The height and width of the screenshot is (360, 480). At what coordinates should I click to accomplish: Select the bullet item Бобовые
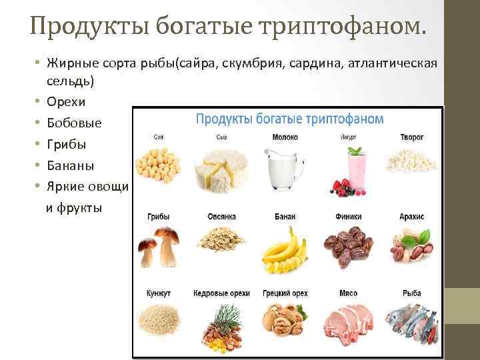[x=71, y=123]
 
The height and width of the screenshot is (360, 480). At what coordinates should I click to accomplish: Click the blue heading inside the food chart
[x=289, y=119]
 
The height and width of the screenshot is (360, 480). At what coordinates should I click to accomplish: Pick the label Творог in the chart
[x=412, y=138]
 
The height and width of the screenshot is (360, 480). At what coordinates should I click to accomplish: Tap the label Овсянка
[x=221, y=217]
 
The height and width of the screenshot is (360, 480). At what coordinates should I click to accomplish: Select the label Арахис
[x=412, y=217]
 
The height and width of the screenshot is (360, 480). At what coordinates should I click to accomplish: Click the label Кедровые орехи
[x=221, y=294]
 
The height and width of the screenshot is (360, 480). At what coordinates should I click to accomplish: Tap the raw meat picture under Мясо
[x=349, y=323]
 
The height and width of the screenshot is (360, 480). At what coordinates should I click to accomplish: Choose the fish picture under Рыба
[x=412, y=323]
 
